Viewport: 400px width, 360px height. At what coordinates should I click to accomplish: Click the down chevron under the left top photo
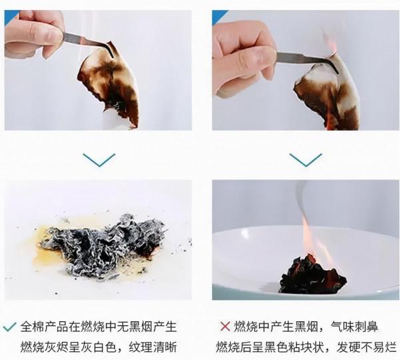pyautogui.click(x=99, y=159)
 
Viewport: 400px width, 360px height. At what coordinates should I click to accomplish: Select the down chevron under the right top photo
pyautogui.click(x=305, y=159)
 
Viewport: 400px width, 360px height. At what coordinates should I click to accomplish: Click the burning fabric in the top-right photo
pyautogui.click(x=327, y=93)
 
